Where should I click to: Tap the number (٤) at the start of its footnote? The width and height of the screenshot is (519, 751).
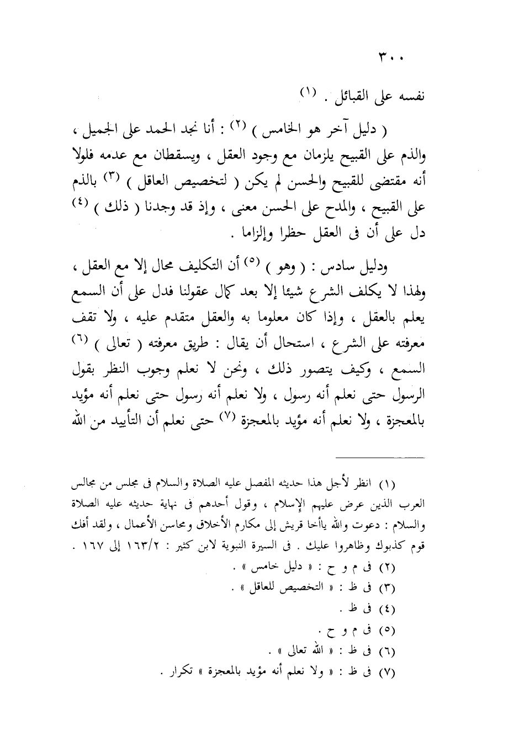pos(388,609)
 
